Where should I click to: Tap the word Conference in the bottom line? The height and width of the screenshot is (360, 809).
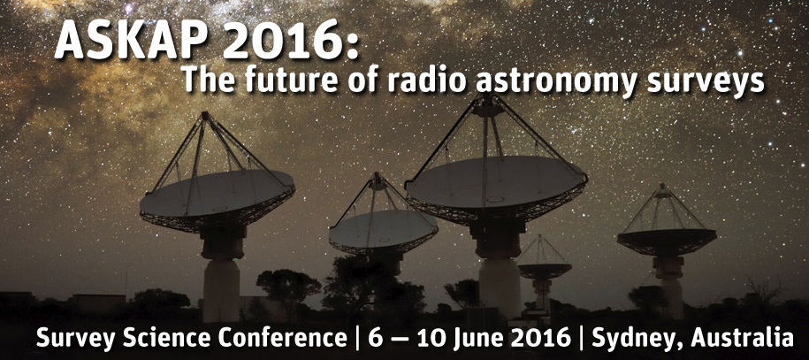pos(282,338)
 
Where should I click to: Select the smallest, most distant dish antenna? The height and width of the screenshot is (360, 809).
pos(544,269)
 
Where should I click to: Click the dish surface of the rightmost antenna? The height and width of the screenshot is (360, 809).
pos(667,241)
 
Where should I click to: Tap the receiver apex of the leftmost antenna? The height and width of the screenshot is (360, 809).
pos(206,117)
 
